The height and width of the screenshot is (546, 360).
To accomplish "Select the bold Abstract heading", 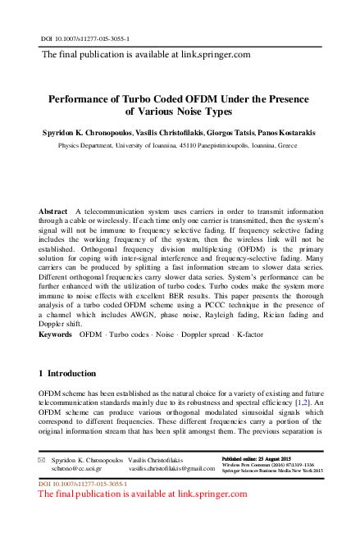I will [x=54, y=211].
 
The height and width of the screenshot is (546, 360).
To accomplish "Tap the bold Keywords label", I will [x=56, y=335].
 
